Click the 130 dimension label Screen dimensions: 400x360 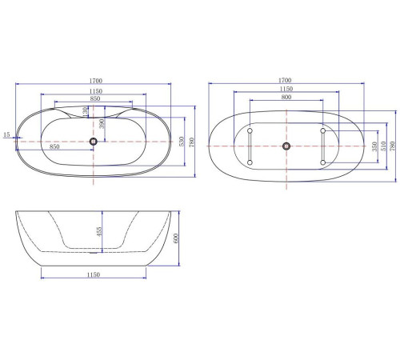coord(85,111)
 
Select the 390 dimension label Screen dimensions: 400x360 coord(102,124)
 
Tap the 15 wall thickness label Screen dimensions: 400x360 coord(6,134)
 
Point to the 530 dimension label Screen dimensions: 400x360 coord(182,142)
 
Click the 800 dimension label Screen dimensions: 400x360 coord(286,97)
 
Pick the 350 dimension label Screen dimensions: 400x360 coord(374,146)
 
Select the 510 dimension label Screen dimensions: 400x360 coord(383,146)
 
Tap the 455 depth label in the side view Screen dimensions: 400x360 coord(99,231)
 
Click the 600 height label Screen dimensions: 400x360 coord(175,238)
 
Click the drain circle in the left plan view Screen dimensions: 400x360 coord(94,141)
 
